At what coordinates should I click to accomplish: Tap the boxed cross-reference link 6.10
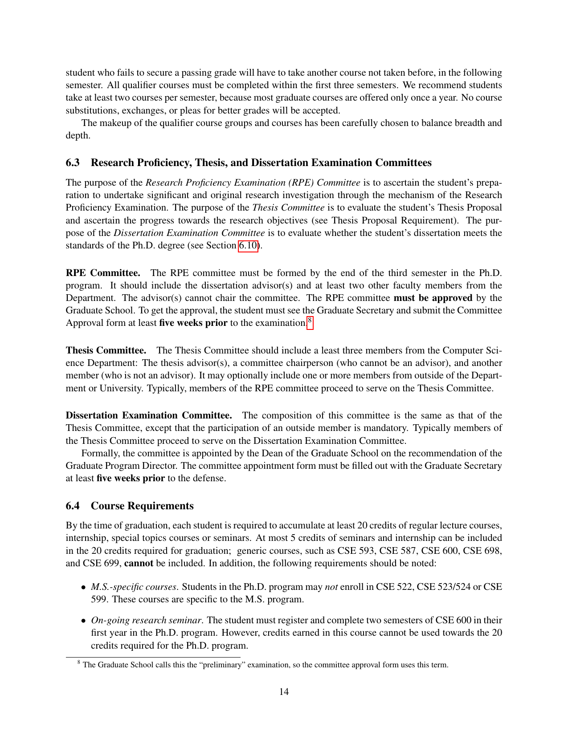click(248, 246)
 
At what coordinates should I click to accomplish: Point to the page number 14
click(284, 692)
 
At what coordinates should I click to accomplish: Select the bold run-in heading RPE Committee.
click(103, 273)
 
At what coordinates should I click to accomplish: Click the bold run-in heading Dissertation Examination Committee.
click(149, 416)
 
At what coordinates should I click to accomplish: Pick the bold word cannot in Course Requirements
click(139, 564)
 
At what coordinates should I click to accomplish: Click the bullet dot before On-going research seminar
click(83, 621)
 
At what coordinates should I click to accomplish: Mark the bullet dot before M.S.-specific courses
click(83, 588)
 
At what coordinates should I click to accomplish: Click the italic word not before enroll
click(331, 587)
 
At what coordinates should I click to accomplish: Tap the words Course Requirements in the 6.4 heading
click(142, 506)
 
